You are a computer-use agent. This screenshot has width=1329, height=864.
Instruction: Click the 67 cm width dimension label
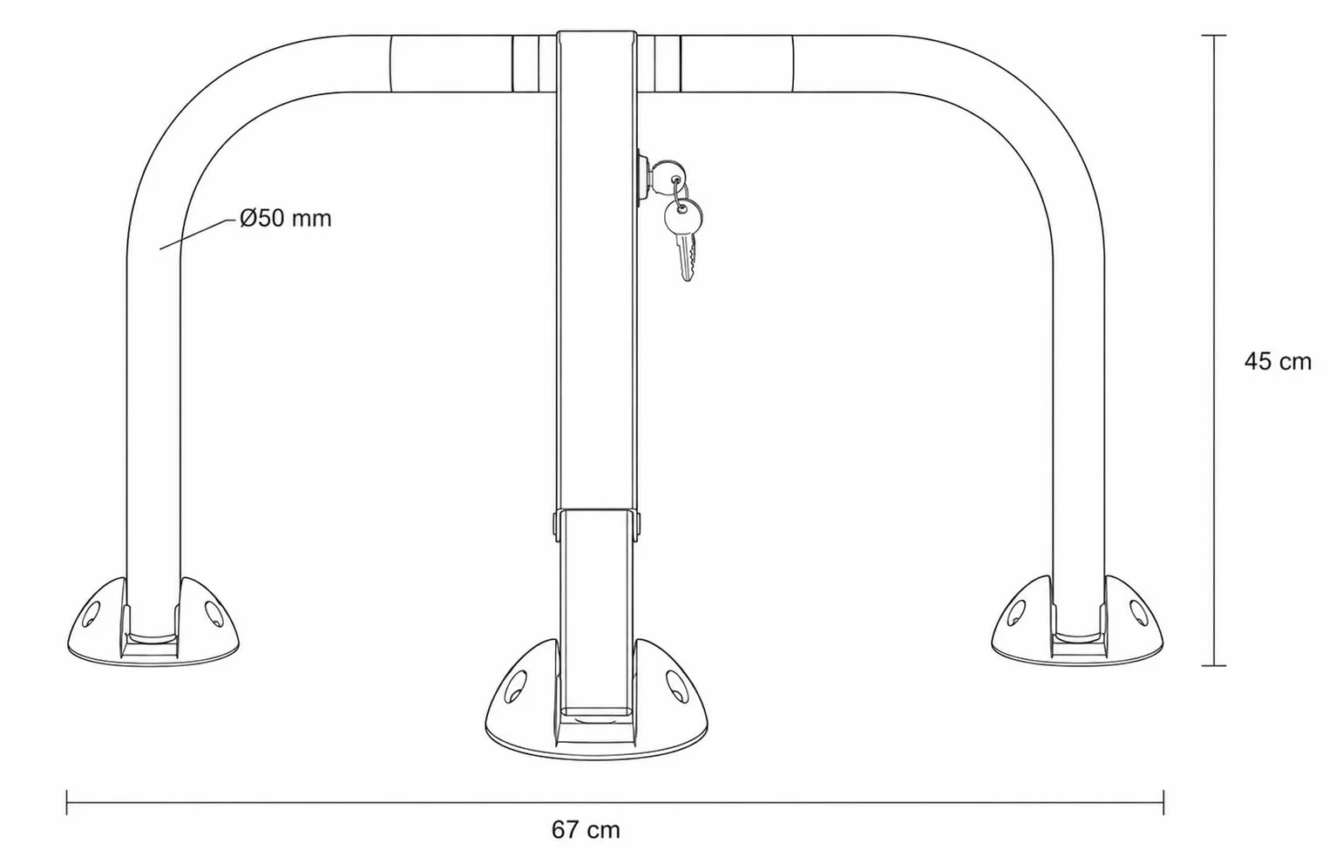586,830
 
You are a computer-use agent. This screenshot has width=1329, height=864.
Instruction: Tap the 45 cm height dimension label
1278,362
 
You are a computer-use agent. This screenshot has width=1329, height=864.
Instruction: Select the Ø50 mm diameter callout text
285,218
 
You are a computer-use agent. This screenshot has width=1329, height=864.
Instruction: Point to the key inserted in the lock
666,175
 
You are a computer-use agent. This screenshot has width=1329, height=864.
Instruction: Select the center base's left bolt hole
516,687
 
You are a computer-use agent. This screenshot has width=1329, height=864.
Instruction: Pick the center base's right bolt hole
676,685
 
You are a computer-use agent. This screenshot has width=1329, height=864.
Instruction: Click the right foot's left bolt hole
1016,613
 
